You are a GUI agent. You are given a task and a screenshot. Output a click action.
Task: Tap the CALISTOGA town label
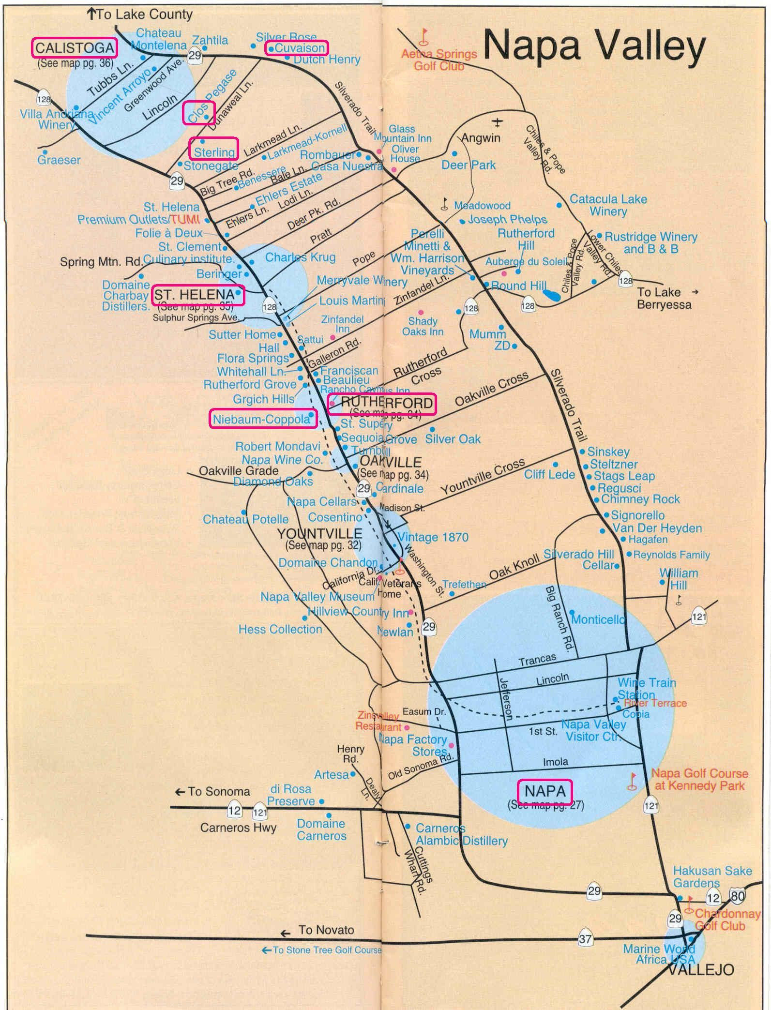[x=74, y=48]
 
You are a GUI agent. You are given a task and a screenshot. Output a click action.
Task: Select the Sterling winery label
[x=214, y=152]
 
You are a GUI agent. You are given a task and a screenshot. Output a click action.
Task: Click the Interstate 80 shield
[x=738, y=896]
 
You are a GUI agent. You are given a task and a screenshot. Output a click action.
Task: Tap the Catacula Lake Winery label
[x=608, y=205]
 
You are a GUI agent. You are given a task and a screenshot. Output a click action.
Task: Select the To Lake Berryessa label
[x=664, y=298]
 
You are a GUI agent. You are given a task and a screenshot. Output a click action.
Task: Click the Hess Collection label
[x=280, y=629]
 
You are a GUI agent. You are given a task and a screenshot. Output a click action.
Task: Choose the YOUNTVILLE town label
[x=319, y=533]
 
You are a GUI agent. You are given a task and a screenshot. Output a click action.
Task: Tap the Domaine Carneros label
[x=321, y=829]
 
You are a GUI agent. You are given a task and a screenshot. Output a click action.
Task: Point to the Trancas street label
[x=537, y=660]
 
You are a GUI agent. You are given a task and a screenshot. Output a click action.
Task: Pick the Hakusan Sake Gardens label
[x=712, y=876]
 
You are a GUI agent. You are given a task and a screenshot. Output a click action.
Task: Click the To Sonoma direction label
[x=212, y=791]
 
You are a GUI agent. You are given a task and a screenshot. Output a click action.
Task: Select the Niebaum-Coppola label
[x=262, y=419]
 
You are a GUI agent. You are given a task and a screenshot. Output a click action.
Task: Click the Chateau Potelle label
[x=245, y=519]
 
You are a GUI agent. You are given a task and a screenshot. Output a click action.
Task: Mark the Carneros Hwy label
[x=238, y=828]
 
